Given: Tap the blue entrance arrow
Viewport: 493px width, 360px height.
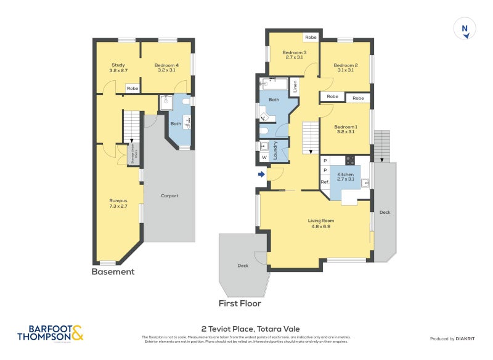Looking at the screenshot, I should click(261, 174).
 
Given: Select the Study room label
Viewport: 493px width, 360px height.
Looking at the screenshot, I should click(118, 68).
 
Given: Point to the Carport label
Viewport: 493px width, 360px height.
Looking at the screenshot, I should click(169, 196).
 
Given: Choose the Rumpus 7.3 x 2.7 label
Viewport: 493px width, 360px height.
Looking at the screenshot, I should click(118, 203).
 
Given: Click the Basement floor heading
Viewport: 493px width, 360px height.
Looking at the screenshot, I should click(113, 272).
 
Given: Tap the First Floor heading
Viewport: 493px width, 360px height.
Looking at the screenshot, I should click(240, 303).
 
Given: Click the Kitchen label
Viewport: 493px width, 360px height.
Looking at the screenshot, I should click(346, 177).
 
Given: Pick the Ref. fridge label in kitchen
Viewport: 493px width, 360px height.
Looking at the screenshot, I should click(325, 182).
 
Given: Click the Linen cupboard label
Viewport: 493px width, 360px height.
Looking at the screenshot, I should click(295, 86).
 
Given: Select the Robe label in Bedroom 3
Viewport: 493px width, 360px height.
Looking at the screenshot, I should click(311, 38).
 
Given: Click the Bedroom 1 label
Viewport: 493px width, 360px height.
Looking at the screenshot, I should click(346, 129).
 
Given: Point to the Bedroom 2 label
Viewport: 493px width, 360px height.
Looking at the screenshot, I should click(346, 68).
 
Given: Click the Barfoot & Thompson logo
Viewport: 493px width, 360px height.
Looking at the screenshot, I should click(50, 333).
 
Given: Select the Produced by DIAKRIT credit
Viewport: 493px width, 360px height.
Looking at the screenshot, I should click(455, 339).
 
